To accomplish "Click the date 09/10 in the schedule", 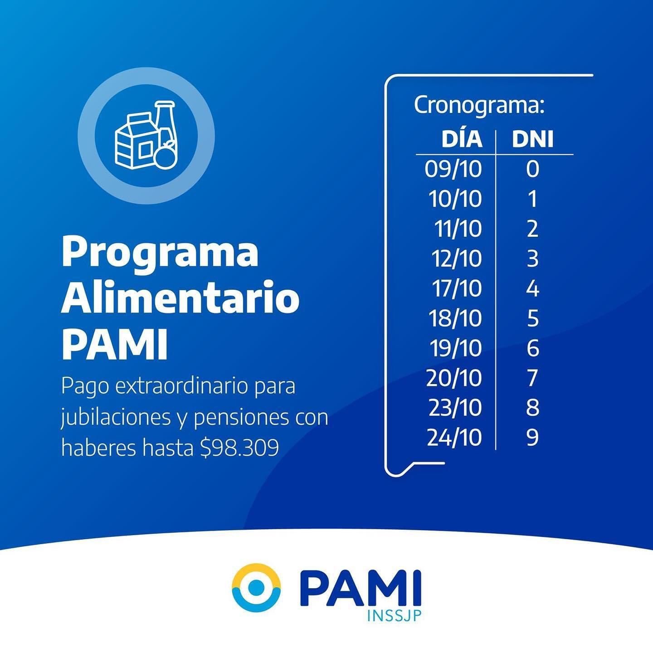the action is pos(453,169).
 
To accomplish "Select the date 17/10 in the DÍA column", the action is pos(457,289).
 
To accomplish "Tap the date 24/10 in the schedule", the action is pos(454,438).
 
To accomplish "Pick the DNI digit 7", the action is pos(532,378).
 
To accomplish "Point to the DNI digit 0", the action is pos(532,169).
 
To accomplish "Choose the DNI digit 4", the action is pos(532,289).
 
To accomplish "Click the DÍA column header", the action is pos(462,139).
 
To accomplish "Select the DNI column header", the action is pos(532,139).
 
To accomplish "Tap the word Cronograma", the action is pos(476,105).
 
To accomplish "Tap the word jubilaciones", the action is pos(116,418).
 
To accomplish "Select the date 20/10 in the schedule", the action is pos(454,378).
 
